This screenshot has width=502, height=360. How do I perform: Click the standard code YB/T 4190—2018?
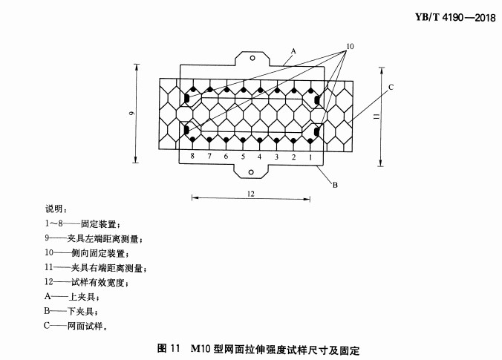point(455,17)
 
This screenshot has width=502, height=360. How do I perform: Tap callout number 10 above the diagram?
point(350,47)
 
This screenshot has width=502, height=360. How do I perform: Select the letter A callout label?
point(293,51)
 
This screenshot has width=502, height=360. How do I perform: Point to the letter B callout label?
point(335,185)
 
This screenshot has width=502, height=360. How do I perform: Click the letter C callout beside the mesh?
point(391,87)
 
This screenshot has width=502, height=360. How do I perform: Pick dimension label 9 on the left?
point(132,114)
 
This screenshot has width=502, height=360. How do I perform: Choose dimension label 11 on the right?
point(376,117)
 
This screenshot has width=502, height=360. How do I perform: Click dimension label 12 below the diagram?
point(251,194)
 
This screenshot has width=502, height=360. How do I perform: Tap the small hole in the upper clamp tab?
point(252,58)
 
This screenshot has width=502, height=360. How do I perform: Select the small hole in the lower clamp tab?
point(251,172)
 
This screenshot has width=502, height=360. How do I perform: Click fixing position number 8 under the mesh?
point(192,156)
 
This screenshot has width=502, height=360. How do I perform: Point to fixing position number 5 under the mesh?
point(243,157)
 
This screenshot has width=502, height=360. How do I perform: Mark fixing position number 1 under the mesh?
point(310,157)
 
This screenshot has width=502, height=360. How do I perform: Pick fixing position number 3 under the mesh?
point(276,157)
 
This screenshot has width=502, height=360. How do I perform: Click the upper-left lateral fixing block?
point(186,99)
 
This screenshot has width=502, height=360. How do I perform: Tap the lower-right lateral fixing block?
point(317,131)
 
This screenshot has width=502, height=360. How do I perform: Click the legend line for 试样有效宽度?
point(86,282)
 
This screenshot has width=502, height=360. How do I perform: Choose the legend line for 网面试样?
point(76,326)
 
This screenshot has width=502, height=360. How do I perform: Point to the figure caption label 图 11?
point(169,348)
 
